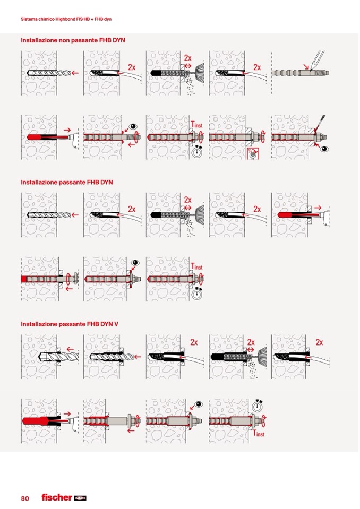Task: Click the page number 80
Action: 25,498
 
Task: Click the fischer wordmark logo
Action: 57,497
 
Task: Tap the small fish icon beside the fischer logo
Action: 80,498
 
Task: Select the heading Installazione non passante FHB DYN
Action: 73,40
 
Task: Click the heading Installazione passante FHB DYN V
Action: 70,324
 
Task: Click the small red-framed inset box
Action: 253,153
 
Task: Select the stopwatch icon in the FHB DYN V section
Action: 257,406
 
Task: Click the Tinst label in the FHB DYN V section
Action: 259,433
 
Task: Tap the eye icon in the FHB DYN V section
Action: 198,404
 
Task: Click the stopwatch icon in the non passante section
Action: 196,152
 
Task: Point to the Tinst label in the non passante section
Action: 196,124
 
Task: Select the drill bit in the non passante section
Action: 49,73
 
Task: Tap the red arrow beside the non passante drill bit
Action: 75,73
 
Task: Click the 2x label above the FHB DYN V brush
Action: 251,342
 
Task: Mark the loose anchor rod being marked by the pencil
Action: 300,73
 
